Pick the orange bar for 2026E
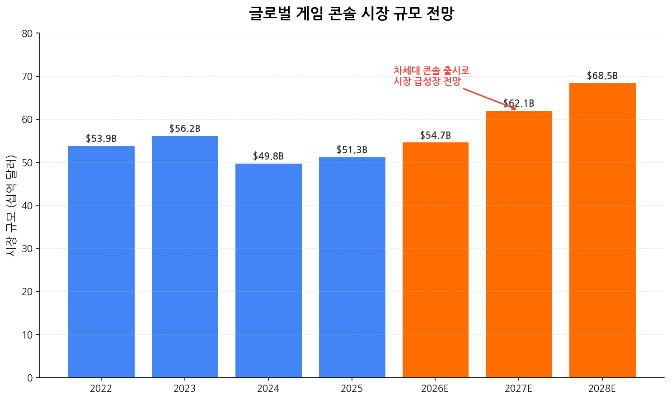point(435,259)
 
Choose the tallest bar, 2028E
point(602,230)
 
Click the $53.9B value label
point(101,139)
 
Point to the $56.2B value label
point(185,129)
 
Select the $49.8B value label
point(268,156)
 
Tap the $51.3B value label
point(352,150)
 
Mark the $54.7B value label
point(435,136)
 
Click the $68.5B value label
point(602,76)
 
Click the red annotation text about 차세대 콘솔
point(431,76)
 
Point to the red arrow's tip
point(516,109)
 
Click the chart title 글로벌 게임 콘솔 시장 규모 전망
point(352,14)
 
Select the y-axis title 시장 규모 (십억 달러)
point(11,206)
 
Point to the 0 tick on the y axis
point(30,378)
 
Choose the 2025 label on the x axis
point(352,389)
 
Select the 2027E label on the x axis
point(519,389)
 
